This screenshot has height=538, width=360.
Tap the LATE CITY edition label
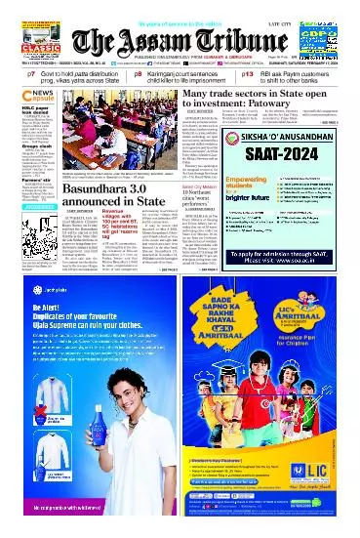tap(308, 9)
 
